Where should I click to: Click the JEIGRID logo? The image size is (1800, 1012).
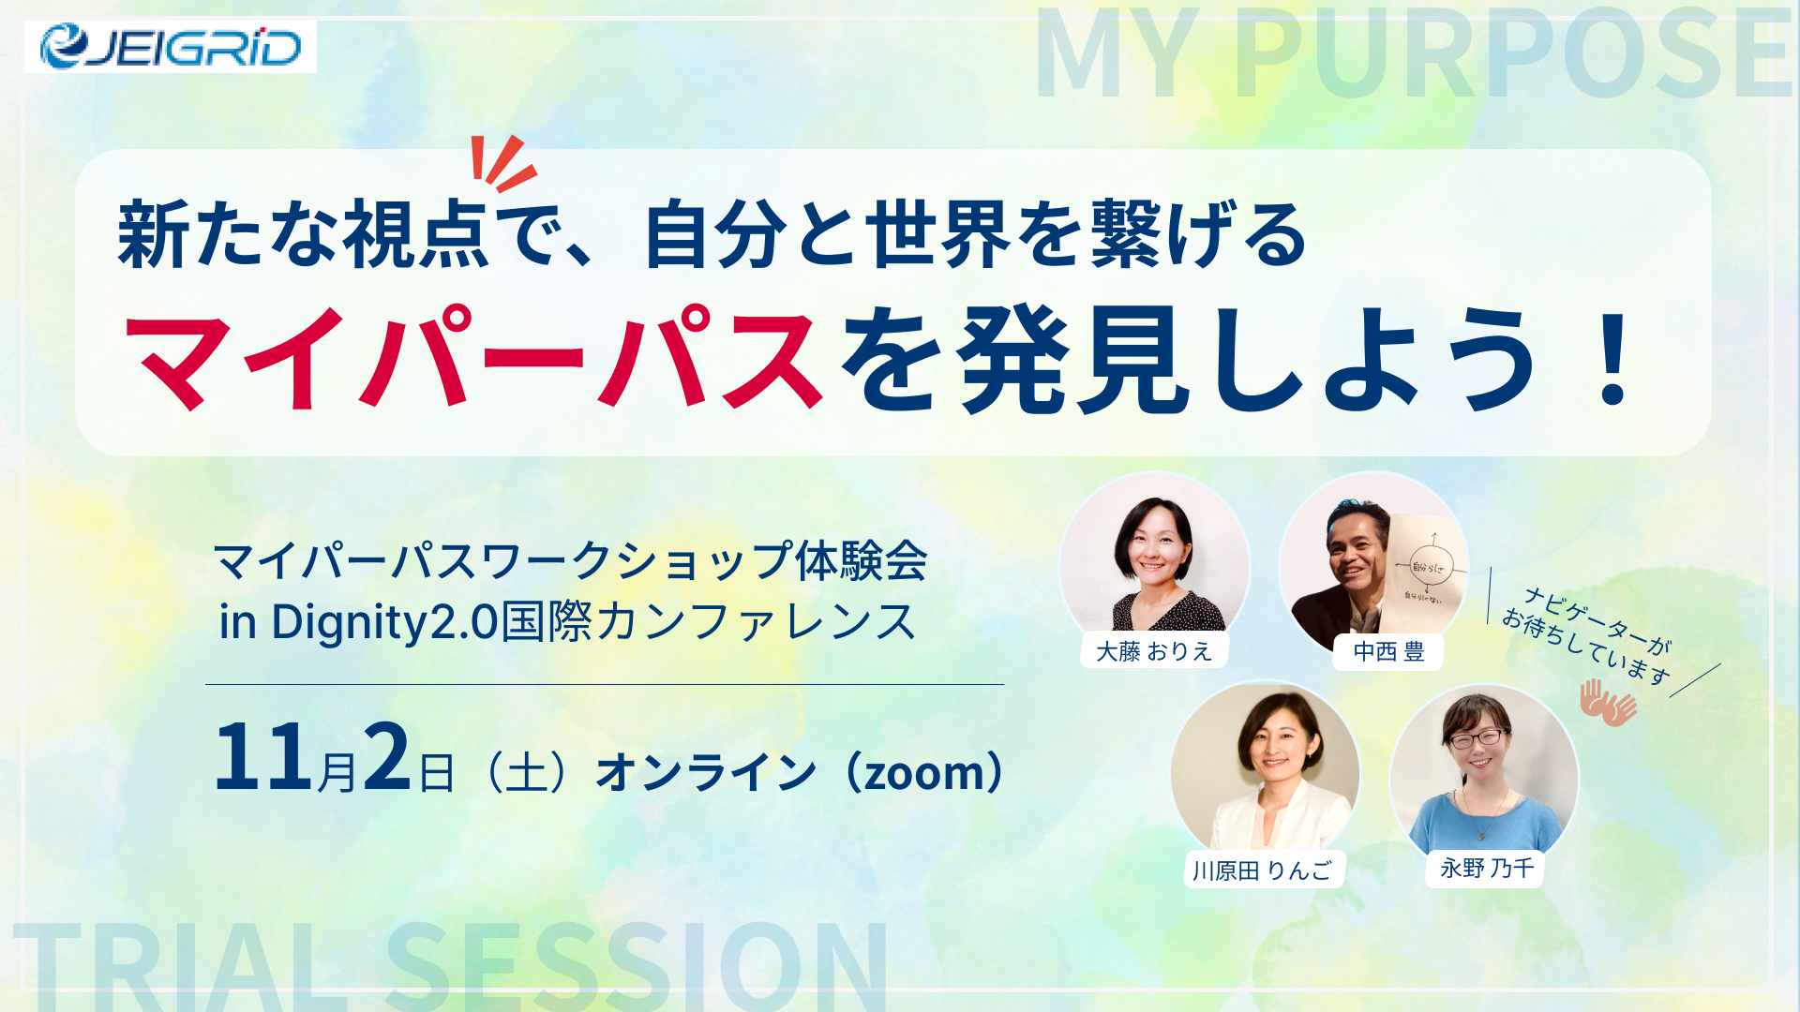tap(171, 47)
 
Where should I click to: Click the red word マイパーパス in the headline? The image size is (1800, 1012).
tap(473, 359)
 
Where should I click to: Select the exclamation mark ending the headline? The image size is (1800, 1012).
tap(1614, 359)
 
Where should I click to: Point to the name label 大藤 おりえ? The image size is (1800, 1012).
tap(1154, 651)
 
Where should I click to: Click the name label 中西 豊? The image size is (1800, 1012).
tap(1388, 651)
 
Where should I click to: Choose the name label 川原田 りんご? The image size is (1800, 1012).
tap(1263, 871)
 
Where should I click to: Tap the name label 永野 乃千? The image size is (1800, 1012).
tap(1486, 869)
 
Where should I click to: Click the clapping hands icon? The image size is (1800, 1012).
tap(1608, 703)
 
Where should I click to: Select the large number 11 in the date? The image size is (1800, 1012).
tap(263, 757)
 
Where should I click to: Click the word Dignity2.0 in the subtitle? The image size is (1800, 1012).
tap(384, 622)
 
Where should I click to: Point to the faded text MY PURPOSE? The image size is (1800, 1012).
tap(1413, 53)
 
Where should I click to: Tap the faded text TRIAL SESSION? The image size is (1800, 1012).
tap(451, 965)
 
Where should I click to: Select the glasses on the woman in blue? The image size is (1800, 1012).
tap(1477, 739)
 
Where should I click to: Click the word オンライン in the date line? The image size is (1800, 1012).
tap(706, 774)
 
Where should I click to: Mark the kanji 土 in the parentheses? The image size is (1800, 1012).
tap(525, 774)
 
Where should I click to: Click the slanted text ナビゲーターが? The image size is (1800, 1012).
tap(1597, 620)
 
